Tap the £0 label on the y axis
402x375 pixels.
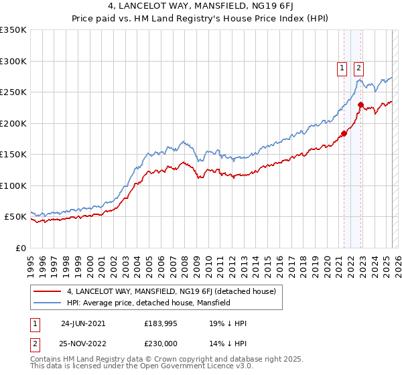point(20,248)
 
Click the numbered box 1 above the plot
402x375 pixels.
point(342,67)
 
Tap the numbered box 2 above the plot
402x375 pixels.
point(358,67)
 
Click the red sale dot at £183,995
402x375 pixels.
point(344,133)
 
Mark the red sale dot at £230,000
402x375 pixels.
point(360,104)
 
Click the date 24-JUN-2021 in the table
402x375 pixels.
point(83,323)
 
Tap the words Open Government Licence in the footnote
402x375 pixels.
point(190,367)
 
